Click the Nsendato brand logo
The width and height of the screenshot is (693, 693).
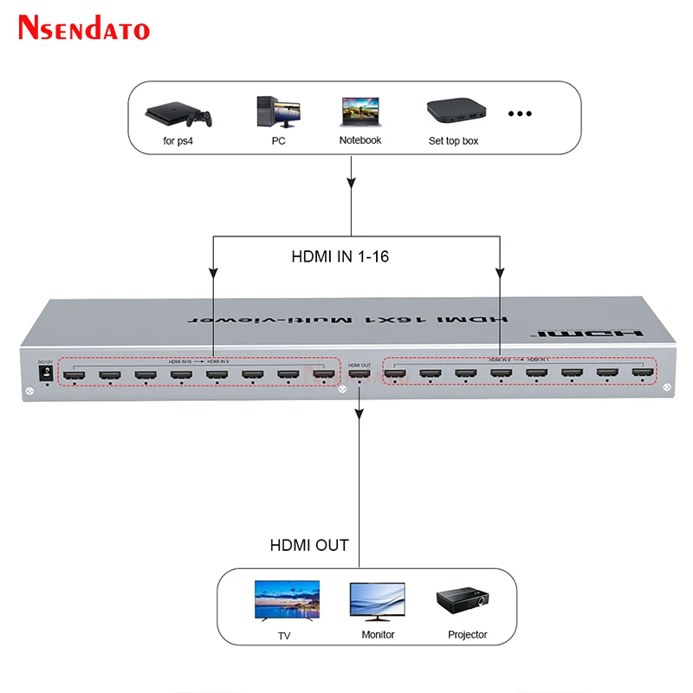point(84,28)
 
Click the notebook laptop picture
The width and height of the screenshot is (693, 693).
point(359,113)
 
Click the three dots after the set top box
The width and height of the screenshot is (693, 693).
point(519,113)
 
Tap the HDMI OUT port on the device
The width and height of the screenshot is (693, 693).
point(359,376)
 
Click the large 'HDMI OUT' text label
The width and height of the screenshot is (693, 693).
point(309,545)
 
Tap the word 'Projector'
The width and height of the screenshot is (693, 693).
point(468,635)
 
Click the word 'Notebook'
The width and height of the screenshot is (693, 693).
point(360,140)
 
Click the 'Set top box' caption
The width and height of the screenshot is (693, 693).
point(453,140)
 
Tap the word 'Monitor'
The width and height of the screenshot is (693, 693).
point(378,635)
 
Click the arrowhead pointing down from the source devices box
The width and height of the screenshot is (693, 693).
point(352,185)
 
